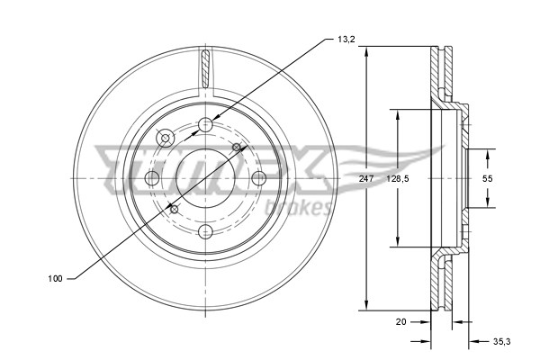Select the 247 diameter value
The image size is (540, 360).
pyautogui.click(x=365, y=179)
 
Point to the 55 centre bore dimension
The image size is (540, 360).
pyautogui.click(x=487, y=179)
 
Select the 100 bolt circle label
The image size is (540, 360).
pyautogui.click(x=55, y=279)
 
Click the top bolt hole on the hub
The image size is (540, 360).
pyautogui.click(x=205, y=124)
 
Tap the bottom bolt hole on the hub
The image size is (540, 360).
pyautogui.click(x=205, y=230)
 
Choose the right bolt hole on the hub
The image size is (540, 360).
pyautogui.click(x=258, y=177)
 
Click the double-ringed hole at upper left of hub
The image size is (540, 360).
pyautogui.click(x=166, y=138)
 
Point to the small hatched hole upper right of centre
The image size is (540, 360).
pyautogui.click(x=237, y=147)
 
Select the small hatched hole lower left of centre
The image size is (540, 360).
pyautogui.click(x=175, y=209)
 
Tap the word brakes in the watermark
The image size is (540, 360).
pyautogui.click(x=306, y=207)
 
